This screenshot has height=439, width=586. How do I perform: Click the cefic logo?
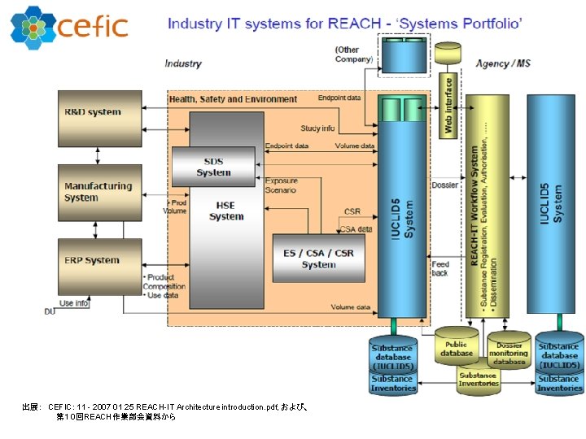(69, 26)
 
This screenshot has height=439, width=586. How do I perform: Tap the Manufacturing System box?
(97, 193)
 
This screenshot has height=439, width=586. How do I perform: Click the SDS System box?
(213, 167)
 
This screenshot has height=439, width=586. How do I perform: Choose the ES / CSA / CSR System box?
(318, 259)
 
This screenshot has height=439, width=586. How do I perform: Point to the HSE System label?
(226, 211)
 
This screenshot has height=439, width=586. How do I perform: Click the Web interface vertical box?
(448, 105)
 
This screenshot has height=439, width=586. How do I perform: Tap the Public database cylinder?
(457, 349)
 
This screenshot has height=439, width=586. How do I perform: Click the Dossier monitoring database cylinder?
(509, 350)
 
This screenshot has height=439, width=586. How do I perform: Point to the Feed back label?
(440, 268)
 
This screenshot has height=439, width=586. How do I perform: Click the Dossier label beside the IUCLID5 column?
(444, 185)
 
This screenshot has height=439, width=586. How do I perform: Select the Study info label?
(317, 128)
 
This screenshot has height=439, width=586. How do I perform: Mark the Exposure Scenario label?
(281, 185)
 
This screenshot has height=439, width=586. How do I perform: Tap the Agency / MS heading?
(503, 63)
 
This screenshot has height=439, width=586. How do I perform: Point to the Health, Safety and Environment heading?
(233, 99)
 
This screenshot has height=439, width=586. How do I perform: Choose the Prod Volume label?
(175, 206)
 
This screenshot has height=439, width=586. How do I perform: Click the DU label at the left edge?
(50, 311)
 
